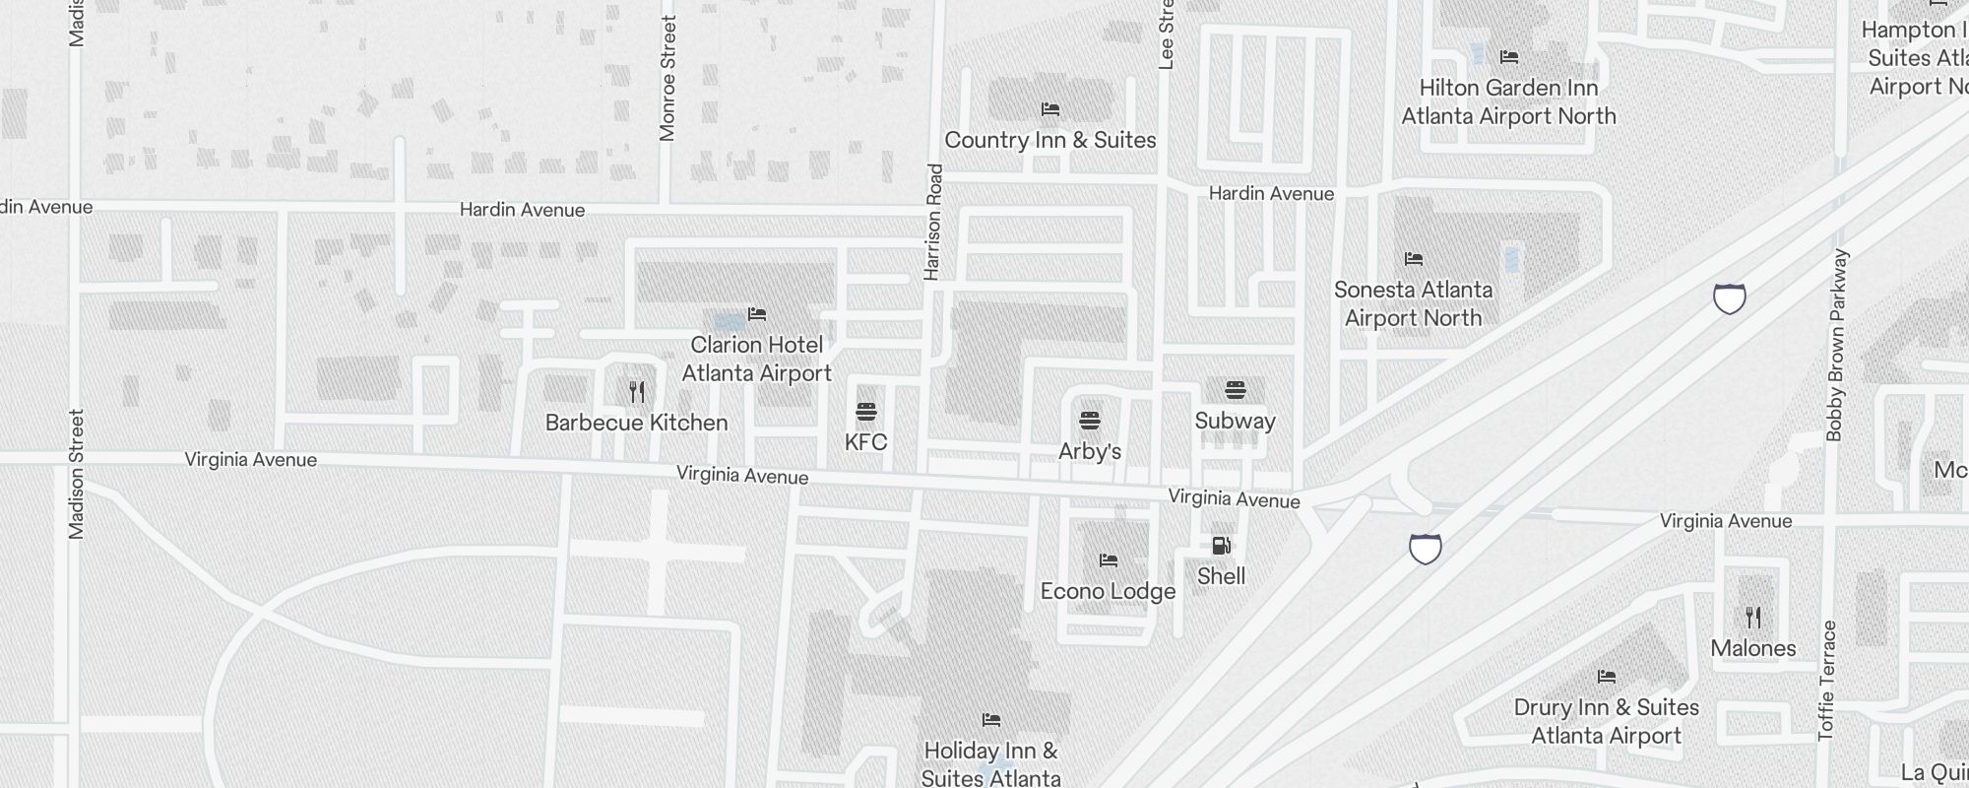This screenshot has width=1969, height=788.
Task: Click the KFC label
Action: click(x=865, y=442)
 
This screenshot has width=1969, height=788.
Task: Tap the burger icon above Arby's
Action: click(x=1089, y=421)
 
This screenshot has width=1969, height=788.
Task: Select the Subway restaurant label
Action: click(x=1235, y=421)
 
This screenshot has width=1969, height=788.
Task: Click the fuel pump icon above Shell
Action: click(x=1221, y=546)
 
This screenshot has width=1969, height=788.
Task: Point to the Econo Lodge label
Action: click(x=1108, y=591)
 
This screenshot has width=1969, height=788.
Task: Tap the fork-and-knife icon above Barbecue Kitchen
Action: click(x=637, y=392)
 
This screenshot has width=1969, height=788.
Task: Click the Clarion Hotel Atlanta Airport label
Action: click(x=756, y=359)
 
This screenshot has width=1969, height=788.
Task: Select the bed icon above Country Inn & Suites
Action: click(x=1050, y=109)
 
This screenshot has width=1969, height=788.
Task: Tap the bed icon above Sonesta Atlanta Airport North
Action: click(x=1414, y=259)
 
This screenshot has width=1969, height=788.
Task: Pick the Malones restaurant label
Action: click(x=1752, y=648)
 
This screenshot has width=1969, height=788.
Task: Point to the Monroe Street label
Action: click(x=668, y=79)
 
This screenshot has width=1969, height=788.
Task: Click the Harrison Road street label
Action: click(x=934, y=222)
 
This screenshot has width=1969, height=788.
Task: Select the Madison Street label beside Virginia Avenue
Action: click(x=77, y=474)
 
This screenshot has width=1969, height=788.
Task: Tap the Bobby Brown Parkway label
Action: click(x=1837, y=345)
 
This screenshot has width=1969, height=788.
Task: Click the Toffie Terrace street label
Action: click(x=1827, y=680)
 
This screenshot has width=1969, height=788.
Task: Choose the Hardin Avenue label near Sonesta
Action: click(x=1271, y=194)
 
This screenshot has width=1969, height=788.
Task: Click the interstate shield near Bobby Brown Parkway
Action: click(x=1729, y=297)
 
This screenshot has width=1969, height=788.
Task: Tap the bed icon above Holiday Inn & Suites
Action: click(x=991, y=720)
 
